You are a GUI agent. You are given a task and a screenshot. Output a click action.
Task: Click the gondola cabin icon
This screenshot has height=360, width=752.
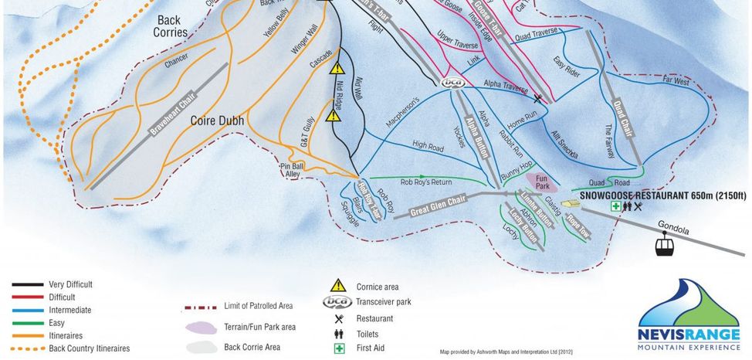click(x=663, y=247)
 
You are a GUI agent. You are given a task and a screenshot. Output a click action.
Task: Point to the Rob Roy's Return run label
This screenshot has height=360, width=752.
click(x=425, y=182)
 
